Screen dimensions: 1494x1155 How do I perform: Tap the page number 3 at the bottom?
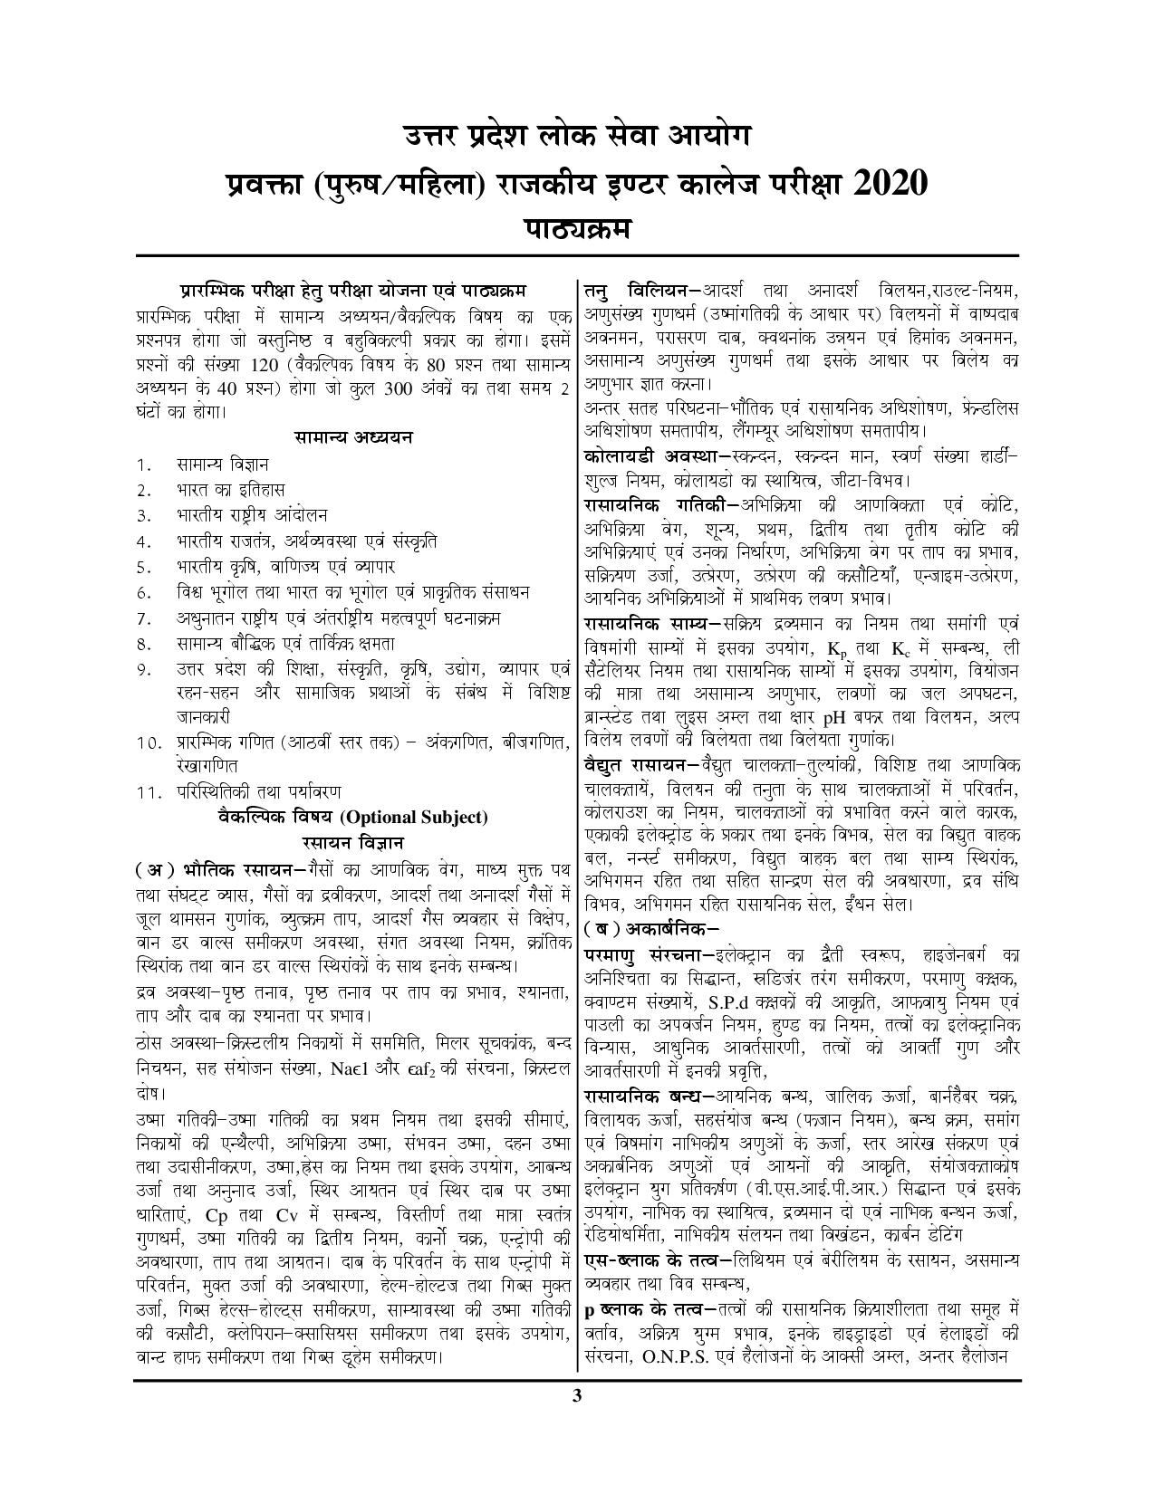tap(577, 1394)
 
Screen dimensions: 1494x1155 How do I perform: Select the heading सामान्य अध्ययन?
tap(353, 436)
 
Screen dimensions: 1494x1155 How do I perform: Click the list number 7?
tap(143, 619)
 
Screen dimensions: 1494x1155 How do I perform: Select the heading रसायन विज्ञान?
tap(353, 842)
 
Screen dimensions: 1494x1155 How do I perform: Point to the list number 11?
tap(148, 791)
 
